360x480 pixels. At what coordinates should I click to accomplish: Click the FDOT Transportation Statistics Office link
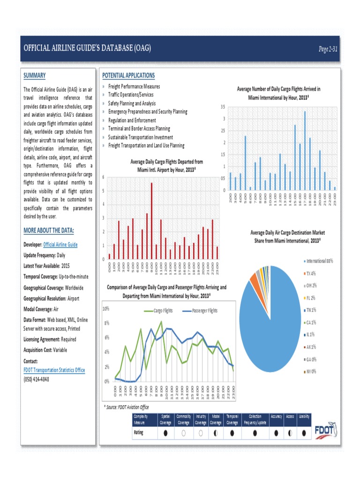54,370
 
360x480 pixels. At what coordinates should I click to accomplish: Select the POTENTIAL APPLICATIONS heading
128,75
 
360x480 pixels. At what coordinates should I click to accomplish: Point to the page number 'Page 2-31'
328,49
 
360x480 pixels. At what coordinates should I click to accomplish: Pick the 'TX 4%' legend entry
310,273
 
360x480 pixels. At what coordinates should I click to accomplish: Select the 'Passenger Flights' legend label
202,310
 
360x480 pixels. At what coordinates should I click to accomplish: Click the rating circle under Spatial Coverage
165,433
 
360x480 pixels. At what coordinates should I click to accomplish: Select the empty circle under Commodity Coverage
183,433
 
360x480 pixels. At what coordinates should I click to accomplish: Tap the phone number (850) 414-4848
36,379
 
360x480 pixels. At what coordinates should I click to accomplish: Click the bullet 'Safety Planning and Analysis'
132,103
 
